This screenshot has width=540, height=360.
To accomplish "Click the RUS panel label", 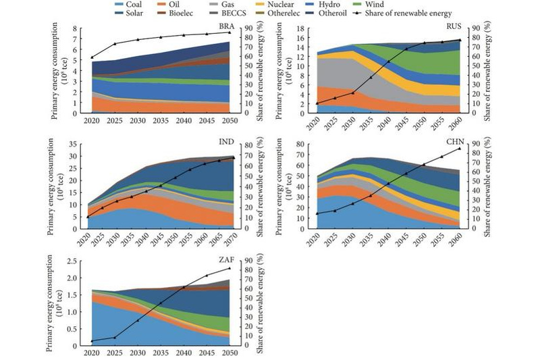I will tap(454, 27).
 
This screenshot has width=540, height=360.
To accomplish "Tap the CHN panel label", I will tap(454, 145).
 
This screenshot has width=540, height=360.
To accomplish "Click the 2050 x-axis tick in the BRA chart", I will tap(231, 121).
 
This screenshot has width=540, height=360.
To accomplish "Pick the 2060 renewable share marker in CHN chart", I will tap(460, 149).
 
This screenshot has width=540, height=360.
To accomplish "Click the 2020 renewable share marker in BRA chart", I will tap(92, 58).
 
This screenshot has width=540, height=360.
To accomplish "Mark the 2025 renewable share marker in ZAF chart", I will tap(115, 338).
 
